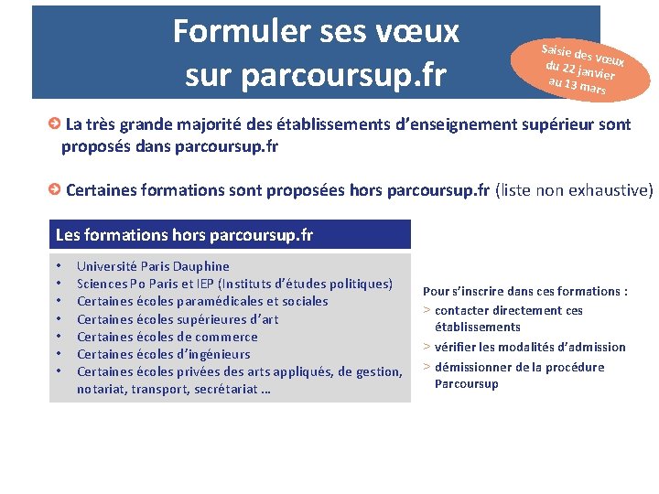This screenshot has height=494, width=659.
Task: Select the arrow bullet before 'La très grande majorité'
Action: pyautogui.click(x=56, y=123)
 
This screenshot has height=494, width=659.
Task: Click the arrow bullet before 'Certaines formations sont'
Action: pyautogui.click(x=56, y=189)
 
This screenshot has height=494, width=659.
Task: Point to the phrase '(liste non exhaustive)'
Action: pyautogui.click(x=574, y=190)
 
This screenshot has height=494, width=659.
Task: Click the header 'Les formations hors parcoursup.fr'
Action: pyautogui.click(x=184, y=235)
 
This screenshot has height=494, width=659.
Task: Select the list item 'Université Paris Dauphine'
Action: pyautogui.click(x=153, y=266)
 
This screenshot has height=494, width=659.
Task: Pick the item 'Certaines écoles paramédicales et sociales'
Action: pyautogui.click(x=202, y=301)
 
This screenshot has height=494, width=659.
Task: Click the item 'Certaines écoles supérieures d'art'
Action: pyautogui.click(x=178, y=318)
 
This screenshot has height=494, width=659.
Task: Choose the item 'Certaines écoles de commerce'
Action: pyautogui.click(x=167, y=336)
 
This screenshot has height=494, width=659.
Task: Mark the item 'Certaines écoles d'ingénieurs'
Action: pyautogui.click(x=163, y=354)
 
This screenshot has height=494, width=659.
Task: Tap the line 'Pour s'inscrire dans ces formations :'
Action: pyautogui.click(x=524, y=291)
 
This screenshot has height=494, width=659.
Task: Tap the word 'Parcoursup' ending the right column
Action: pyautogui.click(x=466, y=383)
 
